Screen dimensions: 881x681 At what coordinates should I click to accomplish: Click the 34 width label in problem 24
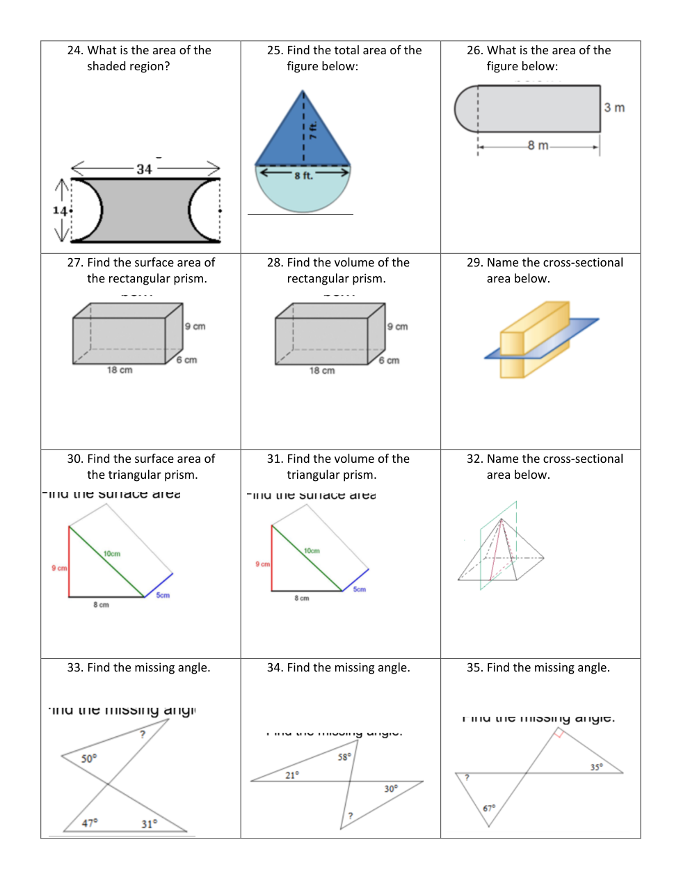point(144,169)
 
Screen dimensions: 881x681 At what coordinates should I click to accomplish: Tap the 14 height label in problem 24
point(60,211)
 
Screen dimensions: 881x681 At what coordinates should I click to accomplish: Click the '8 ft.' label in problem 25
point(303,176)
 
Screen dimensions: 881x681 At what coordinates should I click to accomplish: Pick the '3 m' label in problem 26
point(614,108)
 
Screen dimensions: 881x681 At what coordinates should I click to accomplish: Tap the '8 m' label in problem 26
point(538,145)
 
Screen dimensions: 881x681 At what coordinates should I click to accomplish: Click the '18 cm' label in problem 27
point(120,370)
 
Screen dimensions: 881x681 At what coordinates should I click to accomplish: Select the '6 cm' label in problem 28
point(389,360)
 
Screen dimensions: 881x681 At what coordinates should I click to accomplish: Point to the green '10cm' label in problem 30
point(112,554)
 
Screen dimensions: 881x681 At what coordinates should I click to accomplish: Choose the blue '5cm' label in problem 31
point(359,589)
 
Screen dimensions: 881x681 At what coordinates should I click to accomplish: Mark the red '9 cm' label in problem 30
point(59,569)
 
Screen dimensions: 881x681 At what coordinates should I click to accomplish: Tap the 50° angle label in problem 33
point(89,759)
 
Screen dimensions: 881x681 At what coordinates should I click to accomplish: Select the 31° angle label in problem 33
point(149,824)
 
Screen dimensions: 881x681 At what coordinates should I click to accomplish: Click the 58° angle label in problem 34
point(344,757)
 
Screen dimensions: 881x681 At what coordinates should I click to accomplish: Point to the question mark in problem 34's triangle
point(351,816)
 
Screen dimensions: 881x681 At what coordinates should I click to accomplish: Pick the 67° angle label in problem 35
point(489,809)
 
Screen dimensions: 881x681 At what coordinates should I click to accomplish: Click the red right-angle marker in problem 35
point(558,733)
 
